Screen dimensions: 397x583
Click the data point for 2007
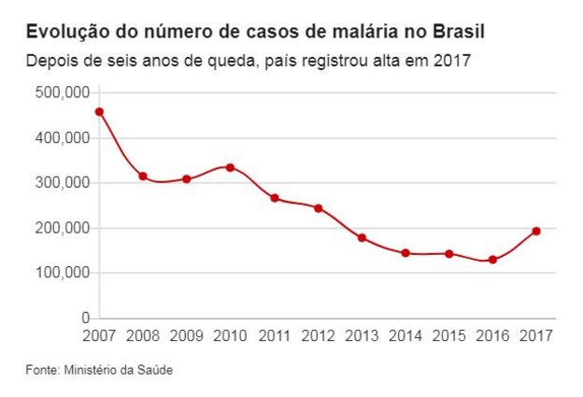[x=99, y=112]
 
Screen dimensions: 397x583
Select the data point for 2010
[x=230, y=167]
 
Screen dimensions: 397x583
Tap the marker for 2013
[x=362, y=238]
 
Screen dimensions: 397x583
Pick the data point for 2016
[x=492, y=260]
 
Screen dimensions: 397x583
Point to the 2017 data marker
[x=536, y=231]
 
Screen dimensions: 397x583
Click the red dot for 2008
[x=143, y=177]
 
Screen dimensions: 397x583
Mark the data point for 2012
[x=318, y=208]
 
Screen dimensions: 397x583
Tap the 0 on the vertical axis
[x=84, y=319]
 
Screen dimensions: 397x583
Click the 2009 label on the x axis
[x=187, y=335]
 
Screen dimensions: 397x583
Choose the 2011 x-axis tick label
[x=274, y=335]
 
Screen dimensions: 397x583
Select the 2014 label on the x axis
[x=405, y=335]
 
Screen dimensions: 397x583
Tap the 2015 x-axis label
[x=448, y=335]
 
